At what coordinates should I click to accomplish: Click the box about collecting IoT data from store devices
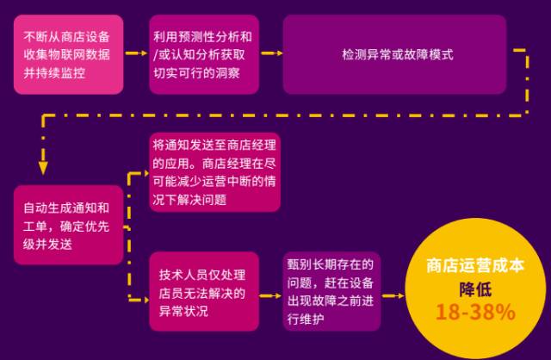point(68,54)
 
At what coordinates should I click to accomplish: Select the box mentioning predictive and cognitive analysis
point(203,54)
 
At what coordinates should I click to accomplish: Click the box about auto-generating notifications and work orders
point(68,225)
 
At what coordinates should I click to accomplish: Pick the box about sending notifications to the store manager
point(215,172)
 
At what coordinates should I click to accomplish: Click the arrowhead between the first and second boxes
point(143,54)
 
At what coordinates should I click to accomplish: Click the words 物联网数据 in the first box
point(86,54)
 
